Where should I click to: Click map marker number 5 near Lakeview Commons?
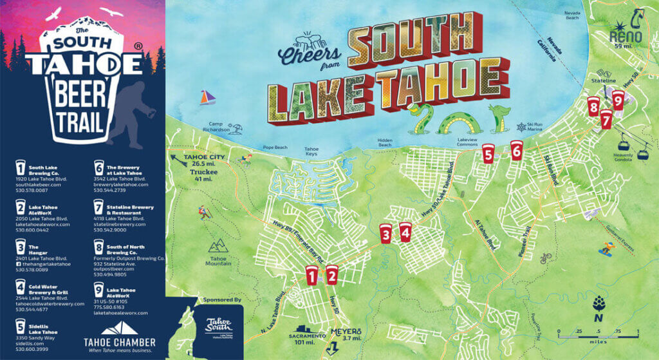point(488,154)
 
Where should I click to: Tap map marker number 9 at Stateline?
point(618,100)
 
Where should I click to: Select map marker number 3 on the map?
point(385,232)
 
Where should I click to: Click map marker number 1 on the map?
point(312,275)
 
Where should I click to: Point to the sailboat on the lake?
point(207,97)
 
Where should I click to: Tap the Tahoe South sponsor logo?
point(218,326)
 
